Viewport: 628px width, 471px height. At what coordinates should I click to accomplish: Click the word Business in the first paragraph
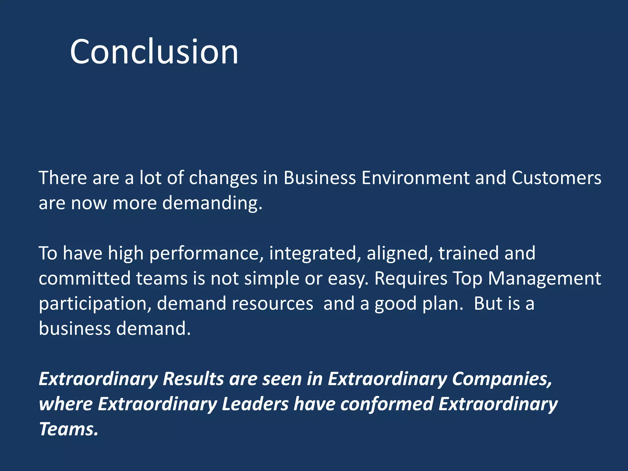(320, 178)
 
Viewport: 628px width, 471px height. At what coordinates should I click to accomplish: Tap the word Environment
(415, 178)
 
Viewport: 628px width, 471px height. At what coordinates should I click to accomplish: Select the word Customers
(556, 178)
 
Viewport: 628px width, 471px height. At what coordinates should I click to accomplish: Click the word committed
(85, 278)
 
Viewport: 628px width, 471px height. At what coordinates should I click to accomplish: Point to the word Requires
(411, 279)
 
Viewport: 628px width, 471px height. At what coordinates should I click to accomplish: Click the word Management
(544, 279)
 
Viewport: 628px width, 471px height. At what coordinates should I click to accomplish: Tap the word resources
(272, 304)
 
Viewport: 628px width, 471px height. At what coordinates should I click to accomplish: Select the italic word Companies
(502, 379)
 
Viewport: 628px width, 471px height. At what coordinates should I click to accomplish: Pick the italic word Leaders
(255, 404)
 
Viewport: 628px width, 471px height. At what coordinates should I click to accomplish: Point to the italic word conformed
(387, 404)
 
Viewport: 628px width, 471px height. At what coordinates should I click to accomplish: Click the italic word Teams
(68, 429)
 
